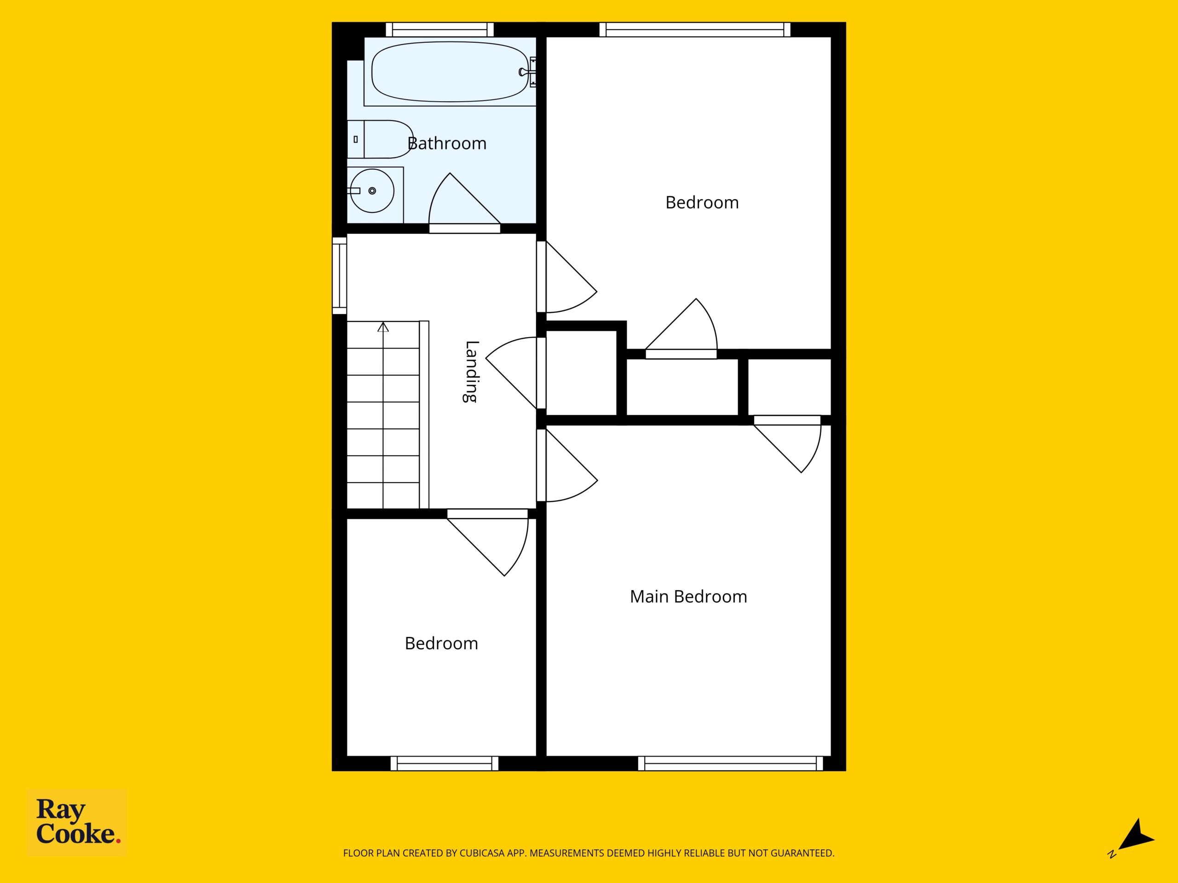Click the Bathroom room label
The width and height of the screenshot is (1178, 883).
[447, 143]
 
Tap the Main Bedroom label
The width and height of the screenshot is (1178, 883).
[688, 596]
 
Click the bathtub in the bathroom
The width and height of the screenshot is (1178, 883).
[451, 72]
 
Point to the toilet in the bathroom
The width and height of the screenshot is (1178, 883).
[380, 139]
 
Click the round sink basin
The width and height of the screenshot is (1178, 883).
[372, 190]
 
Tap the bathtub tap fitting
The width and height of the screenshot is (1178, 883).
[528, 72]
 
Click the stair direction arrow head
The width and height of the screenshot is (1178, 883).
[383, 327]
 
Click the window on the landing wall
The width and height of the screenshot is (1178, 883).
[339, 275]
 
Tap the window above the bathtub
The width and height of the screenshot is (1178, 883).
[439, 29]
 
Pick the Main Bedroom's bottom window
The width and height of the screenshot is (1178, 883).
[730, 763]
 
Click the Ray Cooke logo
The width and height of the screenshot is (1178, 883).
[77, 822]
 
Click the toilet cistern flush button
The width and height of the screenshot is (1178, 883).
[355, 139]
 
